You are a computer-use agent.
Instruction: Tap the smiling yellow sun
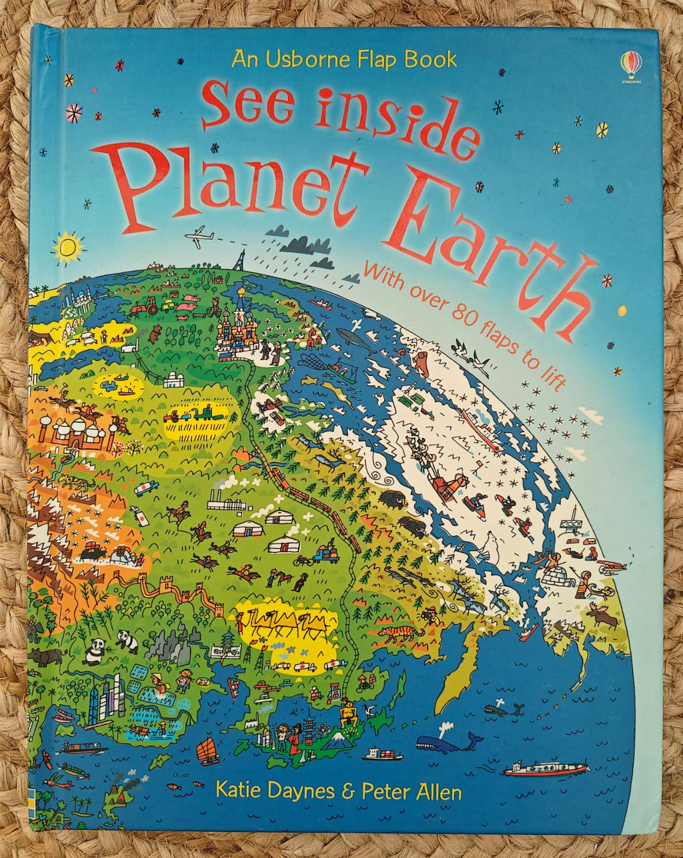pos(67,247)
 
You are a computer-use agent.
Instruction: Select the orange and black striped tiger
pos(400,631)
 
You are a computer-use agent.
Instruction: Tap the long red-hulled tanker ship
pos(545,769)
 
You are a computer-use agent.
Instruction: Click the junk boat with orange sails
pos(208,751)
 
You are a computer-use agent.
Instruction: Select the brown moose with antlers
pos(604,614)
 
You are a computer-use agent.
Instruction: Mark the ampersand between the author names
pos(346,793)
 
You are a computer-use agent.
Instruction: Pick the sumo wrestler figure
pos(346,712)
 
